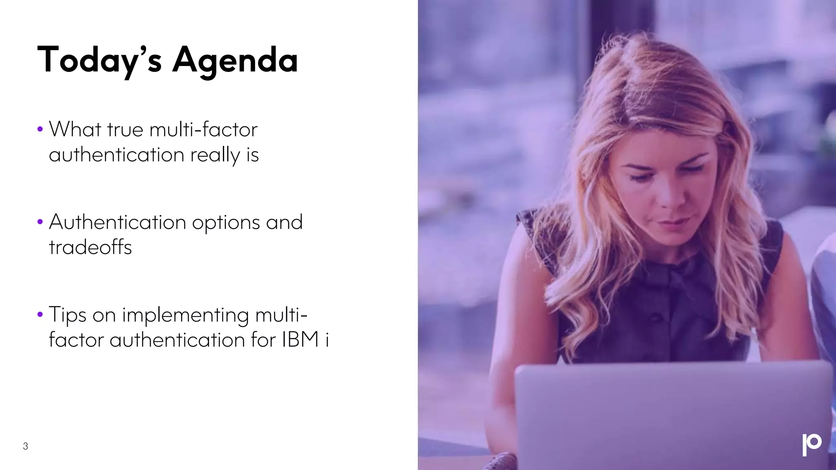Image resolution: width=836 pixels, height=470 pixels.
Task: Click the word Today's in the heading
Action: pyautogui.click(x=99, y=60)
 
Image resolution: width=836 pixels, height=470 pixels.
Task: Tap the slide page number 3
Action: pyautogui.click(x=25, y=446)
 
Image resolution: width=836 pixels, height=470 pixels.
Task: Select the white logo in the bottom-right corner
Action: pyautogui.click(x=812, y=445)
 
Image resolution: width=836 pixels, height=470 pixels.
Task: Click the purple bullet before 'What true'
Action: pyautogui.click(x=40, y=130)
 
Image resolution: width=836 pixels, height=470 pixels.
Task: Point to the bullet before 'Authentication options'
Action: pyautogui.click(x=40, y=222)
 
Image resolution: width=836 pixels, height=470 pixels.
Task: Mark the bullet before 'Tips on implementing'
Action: pyautogui.click(x=40, y=315)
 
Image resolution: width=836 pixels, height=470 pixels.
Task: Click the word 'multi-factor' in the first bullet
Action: pyautogui.click(x=204, y=130)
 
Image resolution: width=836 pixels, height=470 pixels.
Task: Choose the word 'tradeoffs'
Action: pyautogui.click(x=90, y=247)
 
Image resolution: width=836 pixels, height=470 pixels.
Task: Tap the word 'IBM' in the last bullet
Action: pyautogui.click(x=300, y=340)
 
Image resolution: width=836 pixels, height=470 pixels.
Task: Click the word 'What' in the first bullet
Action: pyautogui.click(x=75, y=129)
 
